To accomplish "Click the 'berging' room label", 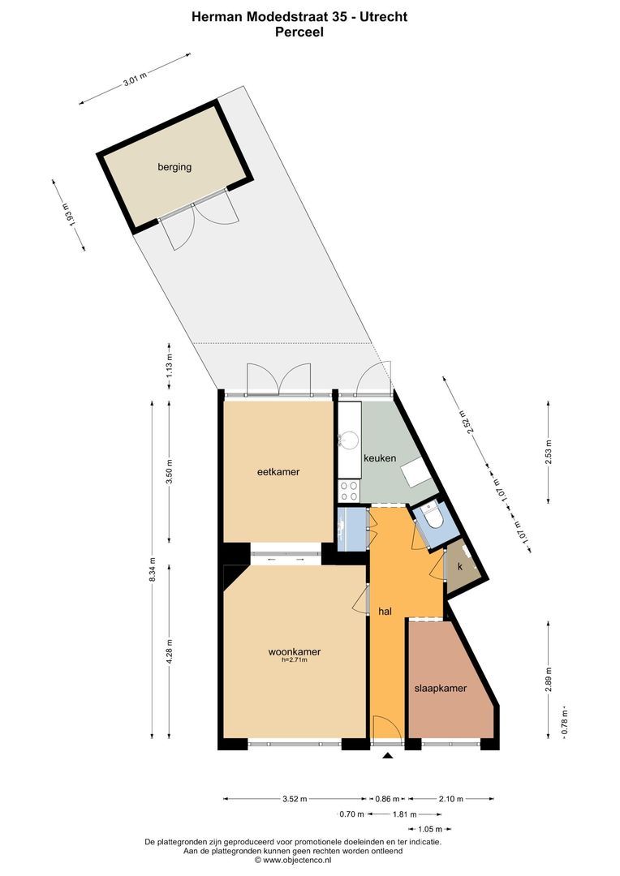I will point(174,167).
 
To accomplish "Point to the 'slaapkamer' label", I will point(441,688).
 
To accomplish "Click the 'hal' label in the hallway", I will point(385,612).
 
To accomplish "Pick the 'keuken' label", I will point(379,457).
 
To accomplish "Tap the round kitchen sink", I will point(349,440).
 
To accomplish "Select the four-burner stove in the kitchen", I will point(348,490).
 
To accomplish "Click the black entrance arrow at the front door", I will point(388,756).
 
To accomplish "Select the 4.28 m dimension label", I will point(169,652).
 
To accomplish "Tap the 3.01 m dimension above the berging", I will point(135,78).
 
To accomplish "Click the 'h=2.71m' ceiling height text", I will point(294,660).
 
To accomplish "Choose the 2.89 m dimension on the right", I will point(549,676).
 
